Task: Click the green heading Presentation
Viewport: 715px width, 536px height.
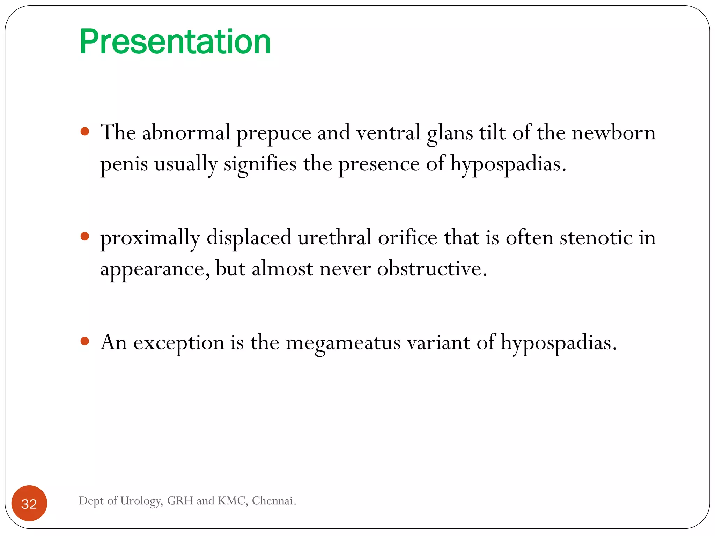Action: tap(175, 42)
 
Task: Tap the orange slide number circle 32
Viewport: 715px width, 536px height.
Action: tap(29, 504)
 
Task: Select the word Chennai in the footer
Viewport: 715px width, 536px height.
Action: tap(273, 500)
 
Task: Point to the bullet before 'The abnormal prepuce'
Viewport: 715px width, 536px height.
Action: tap(85, 132)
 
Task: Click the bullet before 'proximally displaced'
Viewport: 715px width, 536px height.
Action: tap(85, 237)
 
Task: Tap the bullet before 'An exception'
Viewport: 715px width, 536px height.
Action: tap(85, 341)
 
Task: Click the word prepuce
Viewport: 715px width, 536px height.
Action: tap(274, 133)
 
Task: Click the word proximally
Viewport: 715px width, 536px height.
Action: tap(150, 238)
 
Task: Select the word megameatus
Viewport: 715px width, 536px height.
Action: tap(343, 343)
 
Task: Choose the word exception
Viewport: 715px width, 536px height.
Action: tap(178, 343)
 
